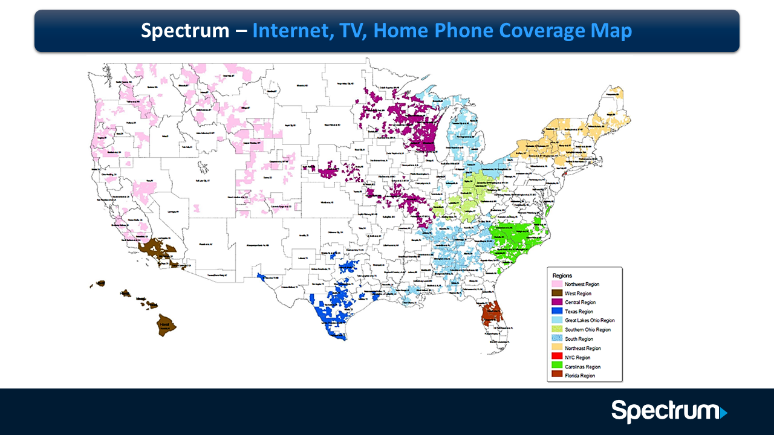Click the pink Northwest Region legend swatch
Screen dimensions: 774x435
tap(556, 284)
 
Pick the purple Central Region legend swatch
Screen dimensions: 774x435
tap(556, 302)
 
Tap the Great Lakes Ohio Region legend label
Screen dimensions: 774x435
tap(590, 320)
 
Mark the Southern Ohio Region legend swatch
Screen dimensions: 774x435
tap(556, 330)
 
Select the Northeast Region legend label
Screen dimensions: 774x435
tap(583, 348)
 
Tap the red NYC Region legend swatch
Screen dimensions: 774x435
tap(556, 357)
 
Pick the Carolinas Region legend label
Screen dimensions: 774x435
tap(583, 367)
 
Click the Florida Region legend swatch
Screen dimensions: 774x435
tap(556, 376)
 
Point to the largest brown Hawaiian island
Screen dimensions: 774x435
tap(166, 325)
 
